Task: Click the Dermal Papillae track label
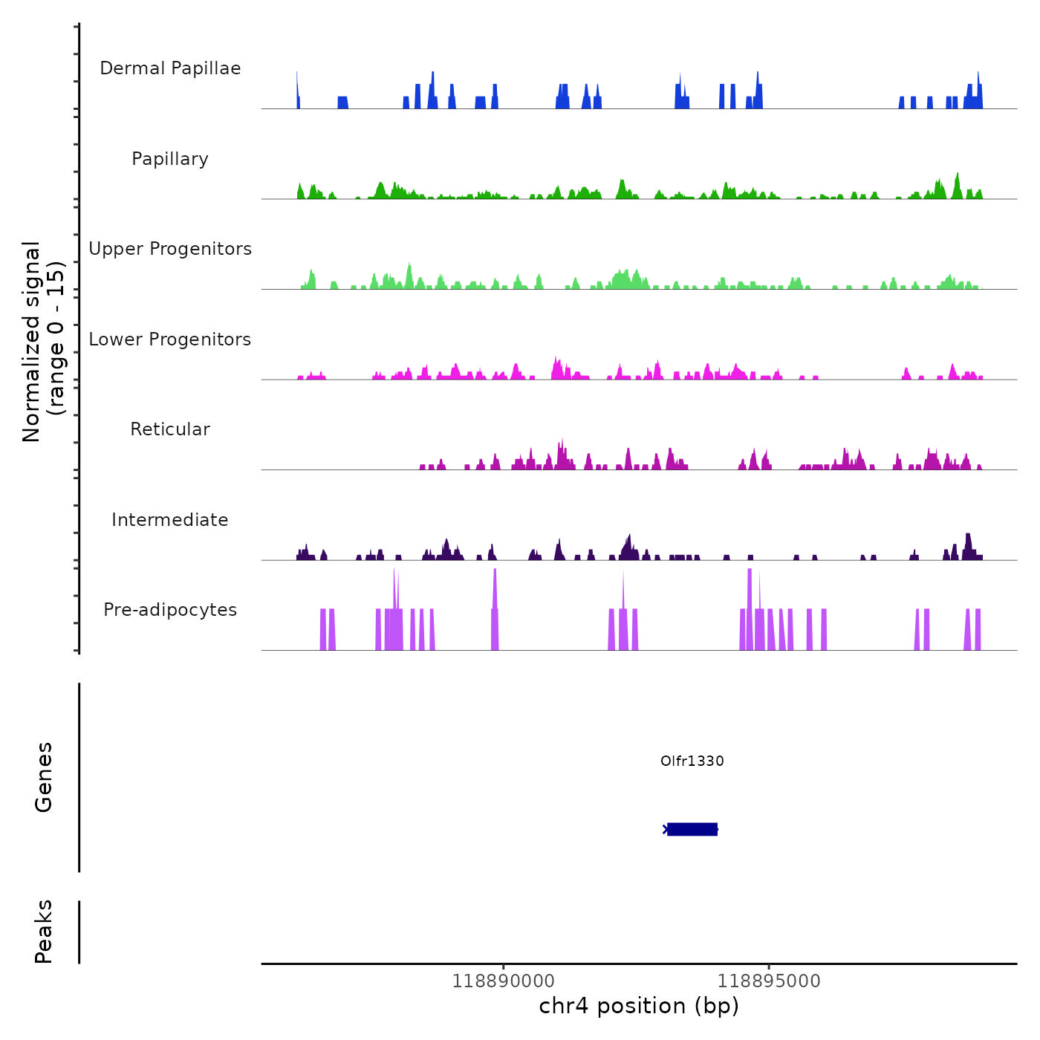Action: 170,68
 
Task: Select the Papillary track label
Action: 170,159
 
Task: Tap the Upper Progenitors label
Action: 170,249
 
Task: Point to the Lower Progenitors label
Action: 170,339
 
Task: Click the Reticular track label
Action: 170,429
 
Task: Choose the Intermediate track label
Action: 170,520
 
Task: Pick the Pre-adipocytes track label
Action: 170,610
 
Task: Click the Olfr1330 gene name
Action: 692,761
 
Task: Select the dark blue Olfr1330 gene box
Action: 692,829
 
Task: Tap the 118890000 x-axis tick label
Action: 504,981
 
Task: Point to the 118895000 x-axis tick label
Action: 769,981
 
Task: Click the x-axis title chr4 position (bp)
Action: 639,1006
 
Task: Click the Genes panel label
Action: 44,776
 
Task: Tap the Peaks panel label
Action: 44,931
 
